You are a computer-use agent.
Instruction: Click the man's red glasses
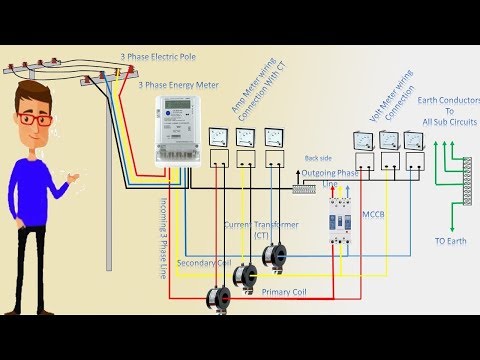(37, 119)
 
